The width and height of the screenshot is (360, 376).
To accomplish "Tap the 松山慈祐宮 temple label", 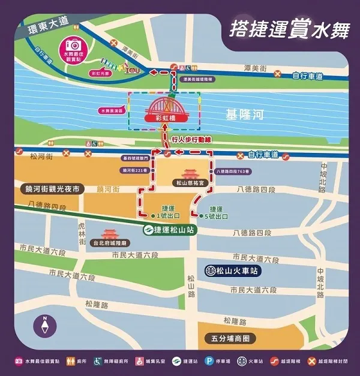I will pos(189,182).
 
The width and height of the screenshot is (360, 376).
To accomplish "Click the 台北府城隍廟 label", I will pos(110,243).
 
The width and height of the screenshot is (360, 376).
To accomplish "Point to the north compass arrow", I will pos(44,327).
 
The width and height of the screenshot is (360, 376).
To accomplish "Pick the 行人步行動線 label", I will pos(192,139).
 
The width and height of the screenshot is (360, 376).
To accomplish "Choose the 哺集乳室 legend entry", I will pos(152,362).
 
